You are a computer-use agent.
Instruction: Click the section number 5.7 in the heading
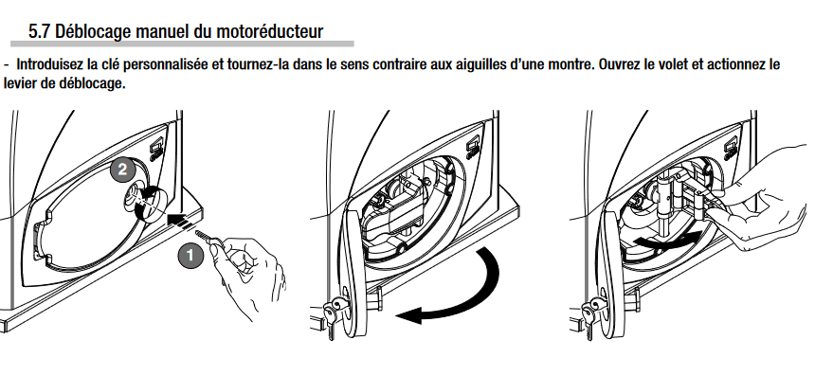[x=39, y=31]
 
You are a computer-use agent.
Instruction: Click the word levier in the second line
[x=19, y=84]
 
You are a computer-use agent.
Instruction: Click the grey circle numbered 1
[x=190, y=257]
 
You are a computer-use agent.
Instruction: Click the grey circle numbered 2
[x=122, y=170]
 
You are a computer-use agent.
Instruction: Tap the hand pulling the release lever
[x=765, y=196]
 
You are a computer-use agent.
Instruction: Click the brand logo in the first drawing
[x=156, y=150]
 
